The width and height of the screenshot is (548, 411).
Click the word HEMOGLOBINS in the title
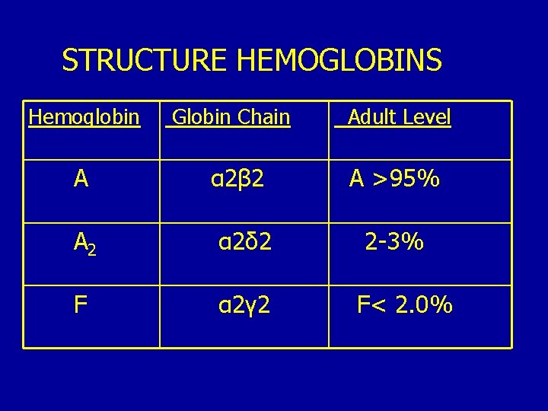[339, 59]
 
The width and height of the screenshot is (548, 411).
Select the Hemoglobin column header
[84, 117]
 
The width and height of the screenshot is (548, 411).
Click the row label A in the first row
[81, 180]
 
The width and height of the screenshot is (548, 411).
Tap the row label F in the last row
[80, 305]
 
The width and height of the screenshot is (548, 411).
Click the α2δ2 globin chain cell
[244, 243]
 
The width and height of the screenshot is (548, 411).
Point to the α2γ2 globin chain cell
[244, 305]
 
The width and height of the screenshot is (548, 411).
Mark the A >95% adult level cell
[394, 180]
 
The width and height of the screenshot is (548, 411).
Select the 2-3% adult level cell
[394, 243]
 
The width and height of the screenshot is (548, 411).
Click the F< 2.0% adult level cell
[405, 305]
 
